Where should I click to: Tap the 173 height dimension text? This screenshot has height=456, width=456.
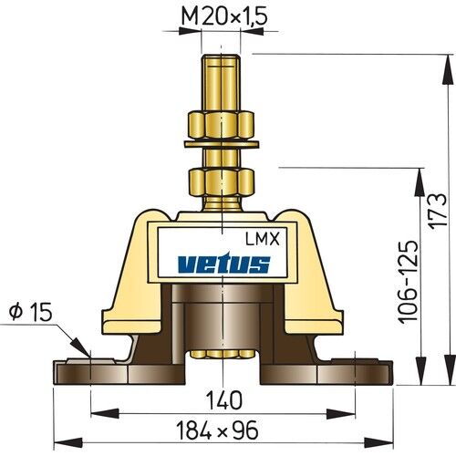pos(440,212)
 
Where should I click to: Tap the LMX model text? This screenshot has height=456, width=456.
pos(263,240)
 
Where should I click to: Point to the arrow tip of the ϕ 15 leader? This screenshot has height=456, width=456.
pos(88,356)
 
